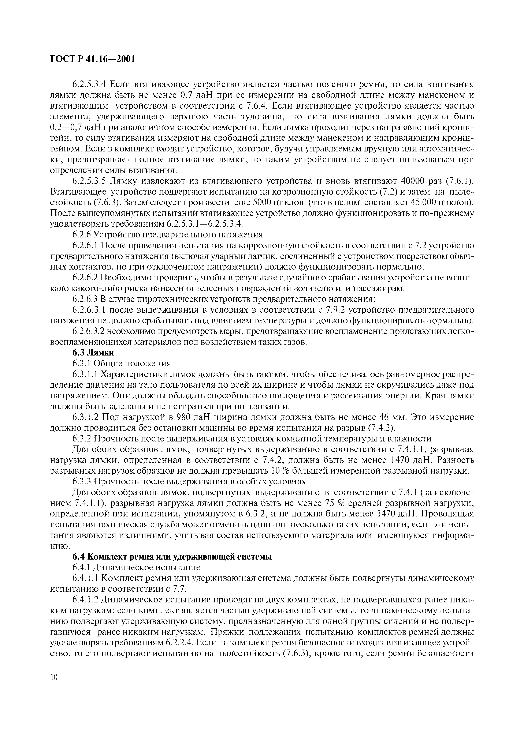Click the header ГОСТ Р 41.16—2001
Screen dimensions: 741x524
pos(92,59)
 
